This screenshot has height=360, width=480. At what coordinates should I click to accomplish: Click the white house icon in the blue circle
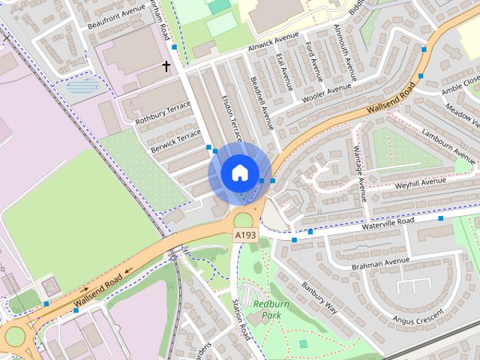[238, 173]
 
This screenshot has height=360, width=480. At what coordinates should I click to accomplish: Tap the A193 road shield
[244, 235]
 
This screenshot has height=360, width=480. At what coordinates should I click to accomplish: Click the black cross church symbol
[166, 67]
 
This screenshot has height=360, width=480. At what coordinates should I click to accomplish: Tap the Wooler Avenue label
[325, 94]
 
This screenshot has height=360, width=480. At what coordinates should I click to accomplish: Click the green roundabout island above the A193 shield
[244, 220]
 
